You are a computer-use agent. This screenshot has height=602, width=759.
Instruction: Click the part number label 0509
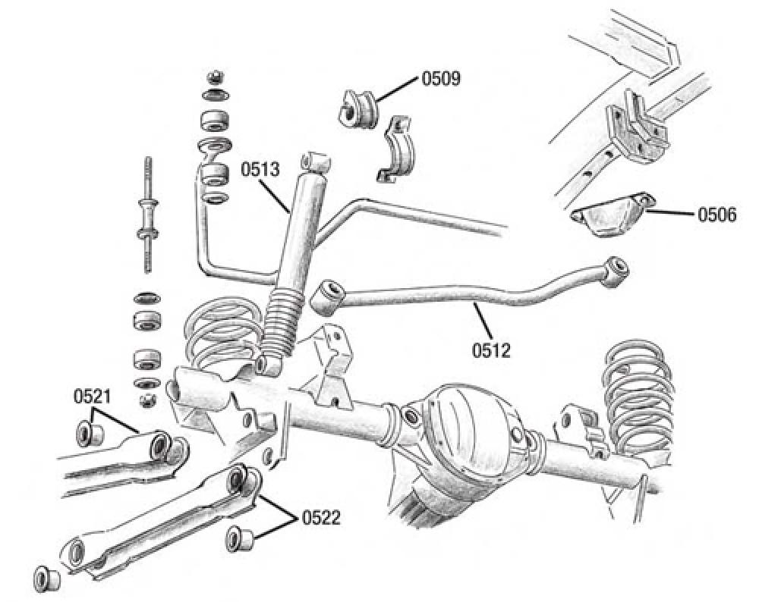[442, 79]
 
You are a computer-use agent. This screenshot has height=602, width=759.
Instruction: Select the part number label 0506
[716, 215]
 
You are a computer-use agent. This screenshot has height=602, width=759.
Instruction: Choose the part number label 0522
[321, 518]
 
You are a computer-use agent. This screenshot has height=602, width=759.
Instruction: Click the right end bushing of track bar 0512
[615, 268]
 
